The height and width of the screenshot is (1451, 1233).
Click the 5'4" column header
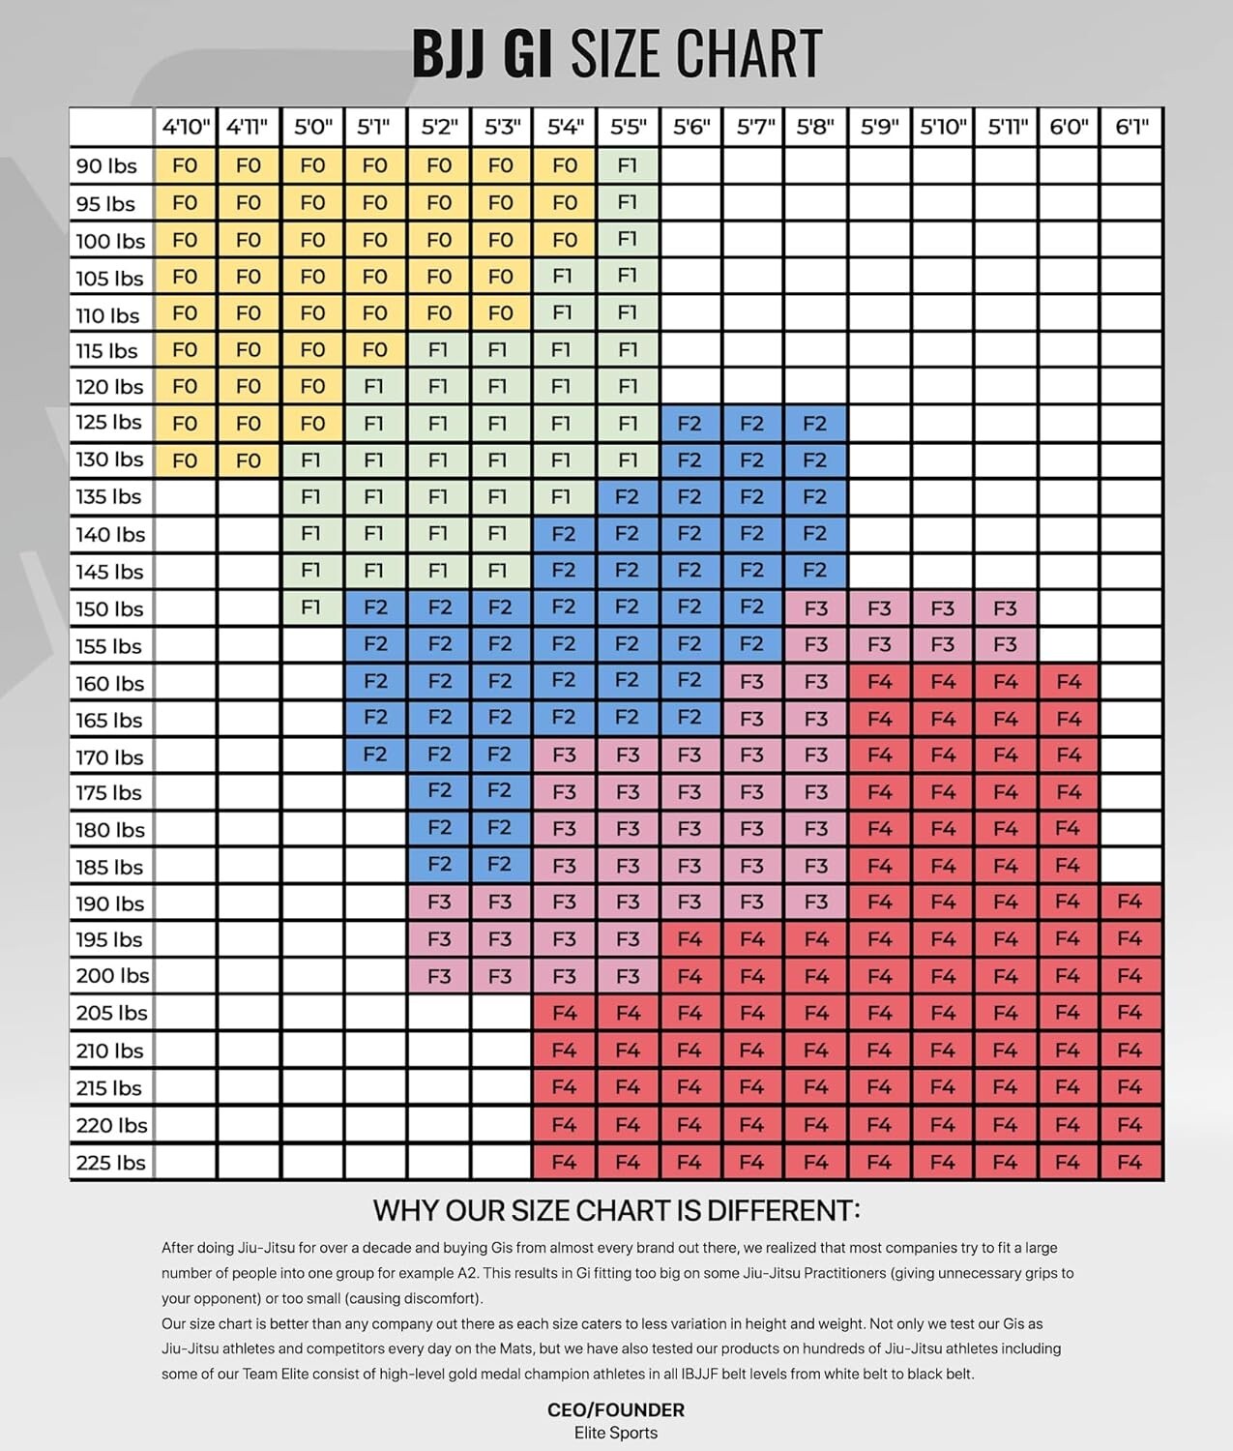pos(565,127)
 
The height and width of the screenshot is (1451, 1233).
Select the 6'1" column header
pos(1130,127)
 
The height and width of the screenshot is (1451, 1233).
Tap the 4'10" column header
pos(185,127)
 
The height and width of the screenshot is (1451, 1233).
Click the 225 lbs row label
pos(110,1163)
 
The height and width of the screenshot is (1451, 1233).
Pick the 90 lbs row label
pos(106,166)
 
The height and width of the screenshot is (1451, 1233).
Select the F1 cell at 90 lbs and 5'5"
pos(628,165)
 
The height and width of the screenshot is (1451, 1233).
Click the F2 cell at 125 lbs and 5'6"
pos(690,424)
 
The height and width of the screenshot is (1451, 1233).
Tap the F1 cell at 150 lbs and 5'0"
pos(311,608)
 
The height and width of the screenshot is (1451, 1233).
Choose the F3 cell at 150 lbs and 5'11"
pos(1005,608)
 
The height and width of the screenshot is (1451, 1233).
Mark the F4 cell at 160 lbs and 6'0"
pos(1068,682)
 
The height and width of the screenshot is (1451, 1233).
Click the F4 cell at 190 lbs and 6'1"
pos(1130,902)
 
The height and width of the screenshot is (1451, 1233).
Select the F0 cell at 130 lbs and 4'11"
pos(249,460)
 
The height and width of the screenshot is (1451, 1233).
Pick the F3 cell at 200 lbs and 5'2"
pos(439,976)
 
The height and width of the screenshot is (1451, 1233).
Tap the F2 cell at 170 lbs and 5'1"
pos(375,755)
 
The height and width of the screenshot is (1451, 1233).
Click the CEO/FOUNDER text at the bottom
pos(616,1409)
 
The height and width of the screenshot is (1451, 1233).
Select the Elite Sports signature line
pos(616,1433)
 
